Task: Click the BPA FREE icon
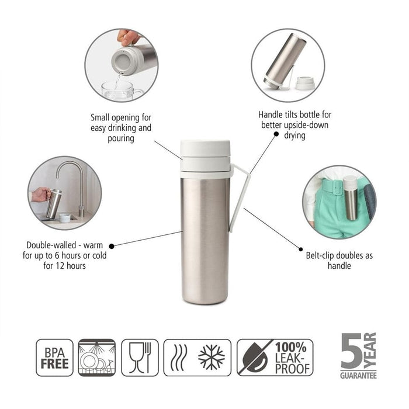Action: pos(54,358)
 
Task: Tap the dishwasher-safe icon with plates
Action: pos(97,358)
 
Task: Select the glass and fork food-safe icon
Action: pos(140,358)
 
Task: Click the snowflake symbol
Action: pos(212,358)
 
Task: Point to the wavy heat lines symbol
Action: pos(179,358)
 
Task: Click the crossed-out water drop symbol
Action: pos(255,358)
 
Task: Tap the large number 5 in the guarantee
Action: pos(351,351)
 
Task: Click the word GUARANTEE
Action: pos(358,375)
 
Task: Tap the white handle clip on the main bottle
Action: pos(240,197)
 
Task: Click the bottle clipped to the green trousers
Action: pos(350,197)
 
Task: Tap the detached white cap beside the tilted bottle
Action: pos(306,83)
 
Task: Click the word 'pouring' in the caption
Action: pos(121,138)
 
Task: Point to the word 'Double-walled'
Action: pos(51,245)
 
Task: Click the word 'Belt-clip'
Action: pos(320,255)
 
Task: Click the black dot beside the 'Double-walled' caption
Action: pos(112,246)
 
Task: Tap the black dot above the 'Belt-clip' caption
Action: pos(301,249)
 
